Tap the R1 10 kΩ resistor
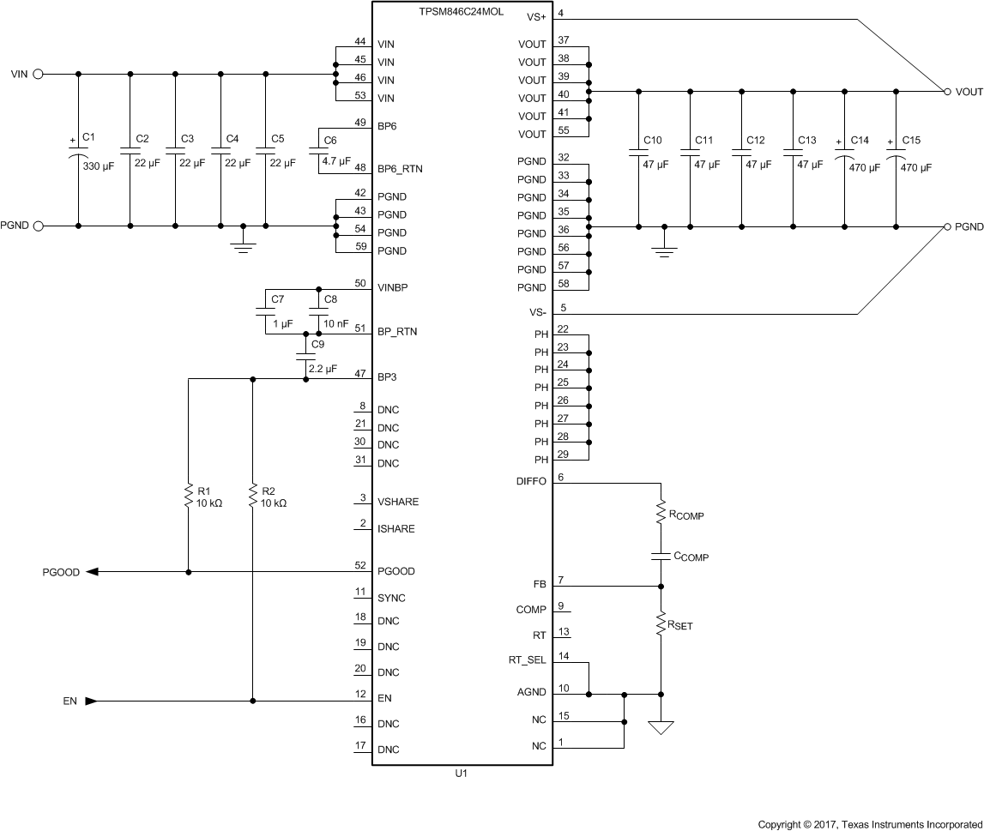187,496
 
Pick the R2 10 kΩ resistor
252,496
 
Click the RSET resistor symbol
661,623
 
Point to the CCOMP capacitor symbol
661,556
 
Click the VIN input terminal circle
38,75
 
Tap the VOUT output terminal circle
947,91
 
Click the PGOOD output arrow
92,572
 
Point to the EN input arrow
91,701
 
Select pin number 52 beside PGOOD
360,566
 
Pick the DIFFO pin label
531,482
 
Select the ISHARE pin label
395,529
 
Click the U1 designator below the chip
461,773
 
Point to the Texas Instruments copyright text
869,824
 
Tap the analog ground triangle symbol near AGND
661,728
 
